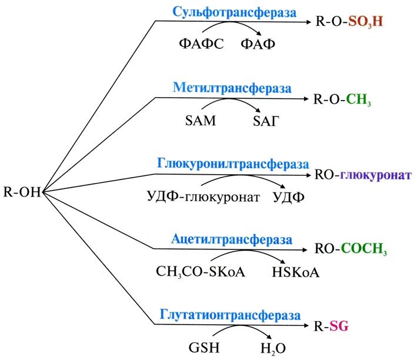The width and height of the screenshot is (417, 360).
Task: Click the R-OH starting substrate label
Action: pos(22,192)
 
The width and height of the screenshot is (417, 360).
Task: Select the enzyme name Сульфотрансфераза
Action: pos(234,12)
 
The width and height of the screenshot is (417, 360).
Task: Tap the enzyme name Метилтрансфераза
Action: pos(232,88)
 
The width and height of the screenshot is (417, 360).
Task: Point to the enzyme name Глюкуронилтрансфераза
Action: pos(233,164)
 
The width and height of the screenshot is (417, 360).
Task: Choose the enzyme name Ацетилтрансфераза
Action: pos(232,239)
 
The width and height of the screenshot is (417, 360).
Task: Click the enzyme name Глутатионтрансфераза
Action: pos(230,315)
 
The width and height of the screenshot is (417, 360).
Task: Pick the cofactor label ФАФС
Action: pos(201,44)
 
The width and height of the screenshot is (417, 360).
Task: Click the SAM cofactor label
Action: pos(201,121)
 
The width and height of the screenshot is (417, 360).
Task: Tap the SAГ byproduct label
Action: pos(266,121)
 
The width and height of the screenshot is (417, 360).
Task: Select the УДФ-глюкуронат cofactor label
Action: pos(203,197)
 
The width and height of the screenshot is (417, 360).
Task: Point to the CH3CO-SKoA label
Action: pos(200,272)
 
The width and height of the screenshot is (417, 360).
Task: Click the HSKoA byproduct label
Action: pos(295,272)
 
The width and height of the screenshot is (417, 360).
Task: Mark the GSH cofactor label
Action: pos(204,348)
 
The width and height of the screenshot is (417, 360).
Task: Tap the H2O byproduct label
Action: pos(273,348)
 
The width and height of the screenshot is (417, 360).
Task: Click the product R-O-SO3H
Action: pos(349,21)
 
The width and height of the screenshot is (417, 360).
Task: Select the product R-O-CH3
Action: pos(342,99)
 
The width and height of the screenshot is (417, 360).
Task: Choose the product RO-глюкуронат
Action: pos(363,175)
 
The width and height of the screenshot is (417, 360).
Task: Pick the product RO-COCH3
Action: pos(351,249)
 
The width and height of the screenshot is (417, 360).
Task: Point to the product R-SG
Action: pos(331,326)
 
